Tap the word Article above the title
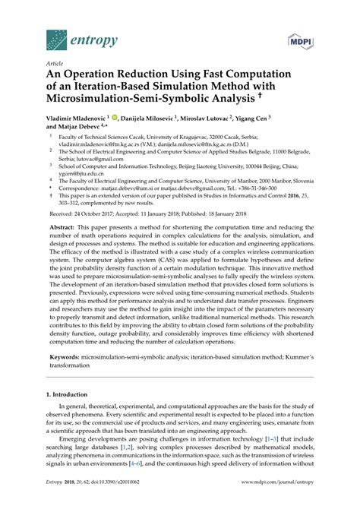tap(54, 65)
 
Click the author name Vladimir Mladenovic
tap(74, 119)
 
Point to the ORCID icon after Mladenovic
tap(112, 119)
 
